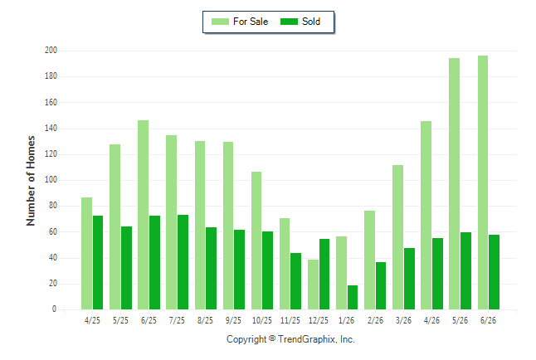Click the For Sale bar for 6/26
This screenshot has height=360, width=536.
[483, 182]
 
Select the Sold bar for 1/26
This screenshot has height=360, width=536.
[353, 298]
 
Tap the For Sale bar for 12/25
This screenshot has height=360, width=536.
[313, 285]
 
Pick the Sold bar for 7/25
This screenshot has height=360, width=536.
[183, 262]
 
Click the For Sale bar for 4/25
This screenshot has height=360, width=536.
[86, 254]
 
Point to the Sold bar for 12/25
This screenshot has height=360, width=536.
[324, 275]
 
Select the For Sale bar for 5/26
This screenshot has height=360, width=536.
[455, 184]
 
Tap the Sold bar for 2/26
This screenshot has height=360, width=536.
[381, 286]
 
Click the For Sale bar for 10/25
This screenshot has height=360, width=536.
[256, 241]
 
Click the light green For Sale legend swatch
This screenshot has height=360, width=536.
[220, 22]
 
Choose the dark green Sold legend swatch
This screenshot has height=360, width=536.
[290, 22]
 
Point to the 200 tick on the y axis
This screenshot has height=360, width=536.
[51, 51]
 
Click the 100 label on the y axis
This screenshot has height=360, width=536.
[51, 180]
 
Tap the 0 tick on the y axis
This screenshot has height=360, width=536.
[54, 309]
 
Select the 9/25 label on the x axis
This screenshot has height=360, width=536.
[233, 320]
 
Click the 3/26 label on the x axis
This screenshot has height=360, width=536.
[403, 320]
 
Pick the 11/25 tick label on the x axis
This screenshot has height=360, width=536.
[290, 320]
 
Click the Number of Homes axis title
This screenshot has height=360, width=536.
[31, 181]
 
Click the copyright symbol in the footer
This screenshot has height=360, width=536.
[272, 338]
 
